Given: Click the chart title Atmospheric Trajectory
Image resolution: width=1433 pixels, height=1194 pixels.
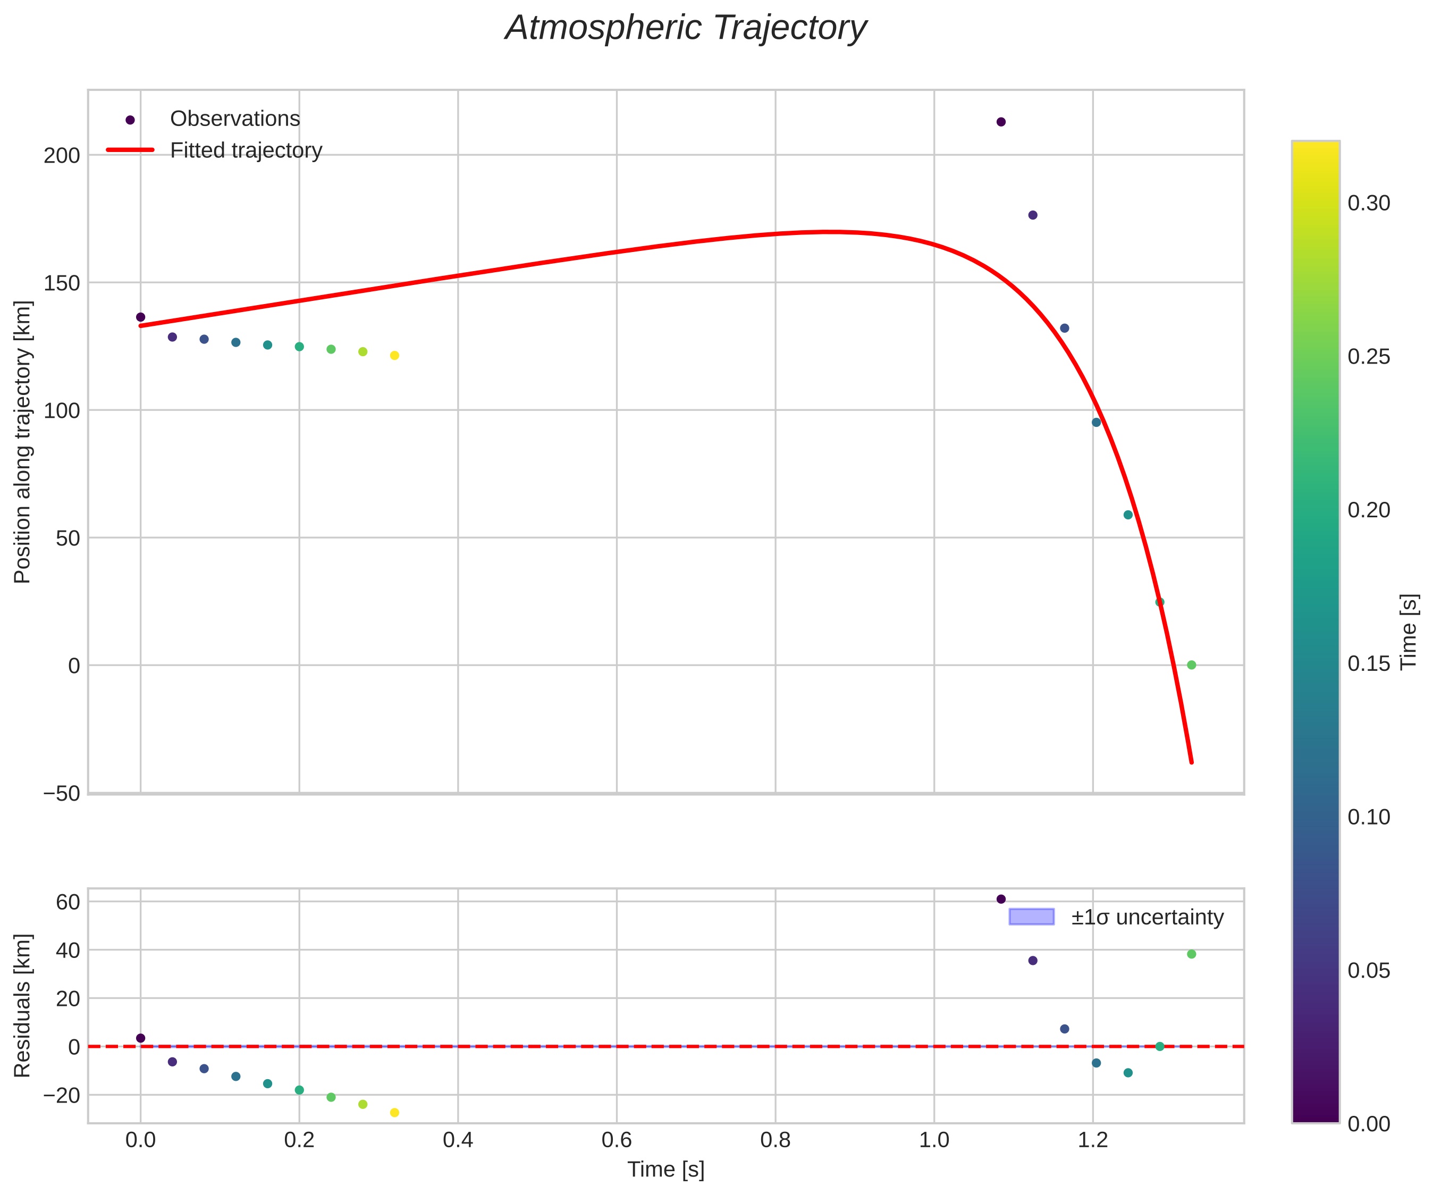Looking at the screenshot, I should point(685,29).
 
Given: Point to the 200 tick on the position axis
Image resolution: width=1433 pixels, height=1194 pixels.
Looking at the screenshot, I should point(62,156).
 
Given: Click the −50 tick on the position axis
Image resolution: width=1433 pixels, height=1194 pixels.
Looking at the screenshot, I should point(62,793).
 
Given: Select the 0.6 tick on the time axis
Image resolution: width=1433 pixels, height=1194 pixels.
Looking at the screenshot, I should point(616,1140).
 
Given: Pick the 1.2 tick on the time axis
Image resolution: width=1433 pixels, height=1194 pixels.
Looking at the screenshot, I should point(1092,1140).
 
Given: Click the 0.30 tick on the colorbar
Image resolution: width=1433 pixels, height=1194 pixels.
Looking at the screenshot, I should point(1369,204).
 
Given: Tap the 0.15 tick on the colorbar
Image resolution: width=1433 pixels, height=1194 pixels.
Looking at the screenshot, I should point(1369,663).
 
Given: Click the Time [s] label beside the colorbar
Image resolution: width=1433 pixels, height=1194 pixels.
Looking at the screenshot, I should point(1409,632).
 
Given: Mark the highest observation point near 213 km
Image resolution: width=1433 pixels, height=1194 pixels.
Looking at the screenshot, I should point(1001,122).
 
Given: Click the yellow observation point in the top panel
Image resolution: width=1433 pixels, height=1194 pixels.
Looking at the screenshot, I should point(394,356).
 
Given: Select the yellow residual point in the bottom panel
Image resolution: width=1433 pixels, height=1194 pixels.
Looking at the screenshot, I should point(394,1113).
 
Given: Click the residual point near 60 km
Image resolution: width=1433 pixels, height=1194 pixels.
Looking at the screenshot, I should point(1001,899).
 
